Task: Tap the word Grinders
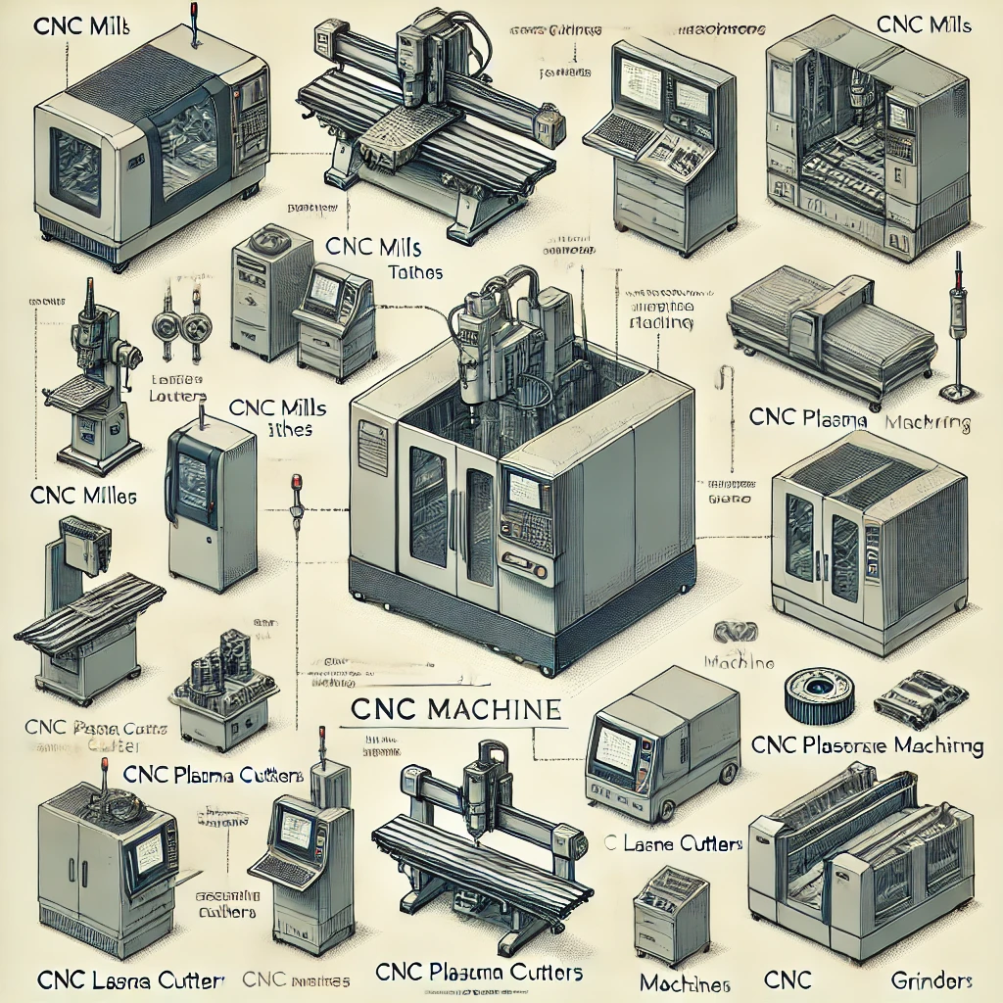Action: pos(931,979)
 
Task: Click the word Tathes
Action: pos(415,272)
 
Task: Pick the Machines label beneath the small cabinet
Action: pos(685,981)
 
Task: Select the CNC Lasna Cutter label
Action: pos(130,979)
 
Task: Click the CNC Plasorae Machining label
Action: pos(867,745)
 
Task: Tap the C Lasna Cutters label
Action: pos(672,843)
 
